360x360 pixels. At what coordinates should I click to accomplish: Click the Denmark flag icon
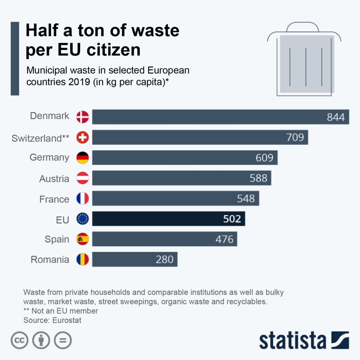click(83, 117)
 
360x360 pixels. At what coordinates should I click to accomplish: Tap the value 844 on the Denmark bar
click(336, 117)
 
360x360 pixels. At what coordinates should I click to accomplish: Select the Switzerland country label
click(41, 138)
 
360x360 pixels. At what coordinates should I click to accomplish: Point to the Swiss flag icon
click(83, 138)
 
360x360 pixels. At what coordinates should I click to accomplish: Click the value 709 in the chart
click(295, 137)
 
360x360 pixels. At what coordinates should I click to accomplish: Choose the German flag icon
click(83, 158)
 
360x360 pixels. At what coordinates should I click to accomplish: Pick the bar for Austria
click(181, 178)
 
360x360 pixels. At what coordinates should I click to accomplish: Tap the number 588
click(258, 178)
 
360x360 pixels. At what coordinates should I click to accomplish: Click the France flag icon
click(83, 199)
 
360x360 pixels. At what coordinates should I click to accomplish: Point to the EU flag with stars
click(83, 219)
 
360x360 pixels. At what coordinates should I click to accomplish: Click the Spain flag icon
click(83, 239)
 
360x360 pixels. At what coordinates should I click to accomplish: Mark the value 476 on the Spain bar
click(224, 239)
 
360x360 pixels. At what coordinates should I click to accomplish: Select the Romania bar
click(135, 259)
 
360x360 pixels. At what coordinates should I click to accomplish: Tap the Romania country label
click(50, 260)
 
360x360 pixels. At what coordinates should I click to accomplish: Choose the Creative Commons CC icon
click(20, 340)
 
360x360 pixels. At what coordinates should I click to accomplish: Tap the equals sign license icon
click(63, 340)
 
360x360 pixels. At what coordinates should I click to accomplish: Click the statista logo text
click(292, 340)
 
